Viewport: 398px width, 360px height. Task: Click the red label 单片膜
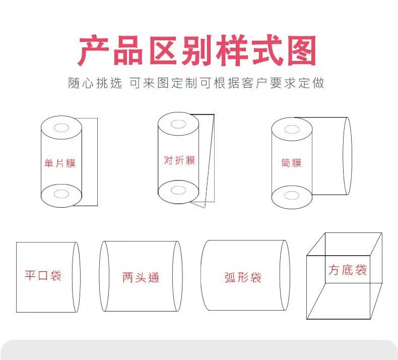60,163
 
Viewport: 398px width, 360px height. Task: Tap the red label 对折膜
179,160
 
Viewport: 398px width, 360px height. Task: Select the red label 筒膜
291,163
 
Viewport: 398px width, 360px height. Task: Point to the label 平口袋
43,275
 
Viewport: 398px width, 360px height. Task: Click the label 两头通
141,277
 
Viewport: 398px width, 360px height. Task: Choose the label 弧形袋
243,277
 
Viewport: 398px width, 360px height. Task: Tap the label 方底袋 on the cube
348,270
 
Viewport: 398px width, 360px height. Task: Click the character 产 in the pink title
94,50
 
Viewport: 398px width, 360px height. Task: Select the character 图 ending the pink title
302,50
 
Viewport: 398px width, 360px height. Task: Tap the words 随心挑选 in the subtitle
95,83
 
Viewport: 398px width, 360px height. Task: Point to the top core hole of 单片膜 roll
61,128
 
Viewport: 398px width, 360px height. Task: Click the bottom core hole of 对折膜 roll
178,190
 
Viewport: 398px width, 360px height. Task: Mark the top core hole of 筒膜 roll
292,129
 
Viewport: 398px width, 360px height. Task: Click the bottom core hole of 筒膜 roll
292,196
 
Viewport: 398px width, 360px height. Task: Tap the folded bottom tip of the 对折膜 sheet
205,208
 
